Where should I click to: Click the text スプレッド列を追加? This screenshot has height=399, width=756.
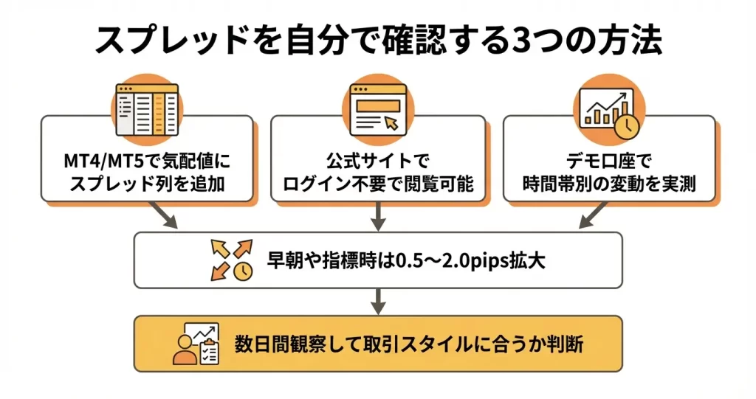coord(147,184)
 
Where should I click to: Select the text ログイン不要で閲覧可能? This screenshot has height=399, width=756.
coord(377,184)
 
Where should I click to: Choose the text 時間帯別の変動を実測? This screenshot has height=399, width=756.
coord(608,184)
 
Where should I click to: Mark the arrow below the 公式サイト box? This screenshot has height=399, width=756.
coord(377,216)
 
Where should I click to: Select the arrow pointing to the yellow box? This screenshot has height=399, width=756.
coord(377,301)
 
